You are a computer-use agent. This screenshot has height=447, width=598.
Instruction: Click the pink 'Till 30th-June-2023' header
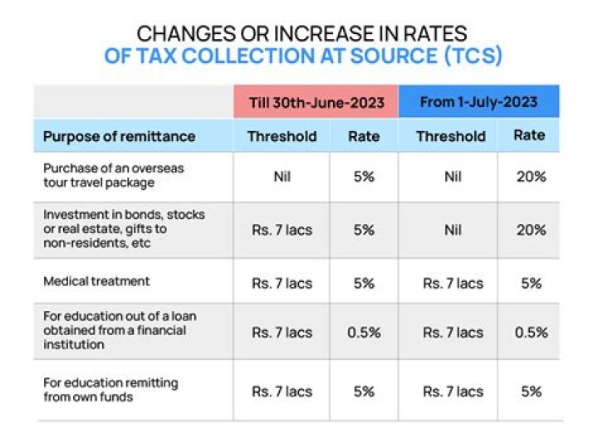316,102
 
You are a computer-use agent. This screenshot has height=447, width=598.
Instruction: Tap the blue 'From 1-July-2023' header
478,102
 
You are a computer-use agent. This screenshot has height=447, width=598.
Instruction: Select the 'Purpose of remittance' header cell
119,136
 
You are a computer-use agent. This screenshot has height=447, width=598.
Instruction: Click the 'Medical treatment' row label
96,281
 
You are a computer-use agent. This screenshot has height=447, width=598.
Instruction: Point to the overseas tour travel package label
114,175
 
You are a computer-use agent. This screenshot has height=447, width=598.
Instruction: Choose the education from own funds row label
110,390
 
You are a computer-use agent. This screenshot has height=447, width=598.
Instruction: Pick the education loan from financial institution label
115,330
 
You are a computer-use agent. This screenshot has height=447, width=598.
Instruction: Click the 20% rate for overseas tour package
530,176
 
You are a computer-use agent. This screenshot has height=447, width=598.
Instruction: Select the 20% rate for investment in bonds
530,230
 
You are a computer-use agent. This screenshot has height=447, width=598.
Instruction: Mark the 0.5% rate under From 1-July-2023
530,333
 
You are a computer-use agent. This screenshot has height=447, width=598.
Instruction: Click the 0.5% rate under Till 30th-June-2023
364,333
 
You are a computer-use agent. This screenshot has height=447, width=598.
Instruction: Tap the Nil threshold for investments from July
452,230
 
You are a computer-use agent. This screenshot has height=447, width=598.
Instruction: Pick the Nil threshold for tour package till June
282,176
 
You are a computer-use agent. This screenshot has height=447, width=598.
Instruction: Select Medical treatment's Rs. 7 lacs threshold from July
452,283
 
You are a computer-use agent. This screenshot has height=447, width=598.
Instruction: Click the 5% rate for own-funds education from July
530,391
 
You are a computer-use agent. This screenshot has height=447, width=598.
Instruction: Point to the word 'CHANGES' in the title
180,34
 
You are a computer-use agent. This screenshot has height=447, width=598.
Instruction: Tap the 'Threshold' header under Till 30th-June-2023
282,136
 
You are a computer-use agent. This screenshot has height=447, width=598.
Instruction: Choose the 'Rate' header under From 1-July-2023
530,135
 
